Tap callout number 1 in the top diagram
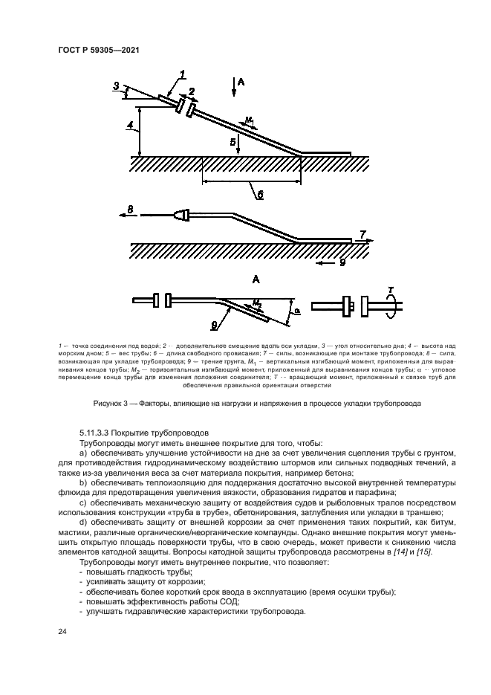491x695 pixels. [x=183, y=73]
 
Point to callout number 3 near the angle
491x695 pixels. [x=116, y=86]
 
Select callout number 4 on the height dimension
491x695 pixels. [x=129, y=126]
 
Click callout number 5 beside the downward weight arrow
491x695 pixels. [x=232, y=140]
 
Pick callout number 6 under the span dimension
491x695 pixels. [x=260, y=195]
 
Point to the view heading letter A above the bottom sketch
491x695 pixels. [x=256, y=279]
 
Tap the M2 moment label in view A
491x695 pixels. [x=256, y=303]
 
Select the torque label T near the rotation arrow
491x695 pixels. [x=390, y=289]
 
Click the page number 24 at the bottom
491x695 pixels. [x=63, y=632]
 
